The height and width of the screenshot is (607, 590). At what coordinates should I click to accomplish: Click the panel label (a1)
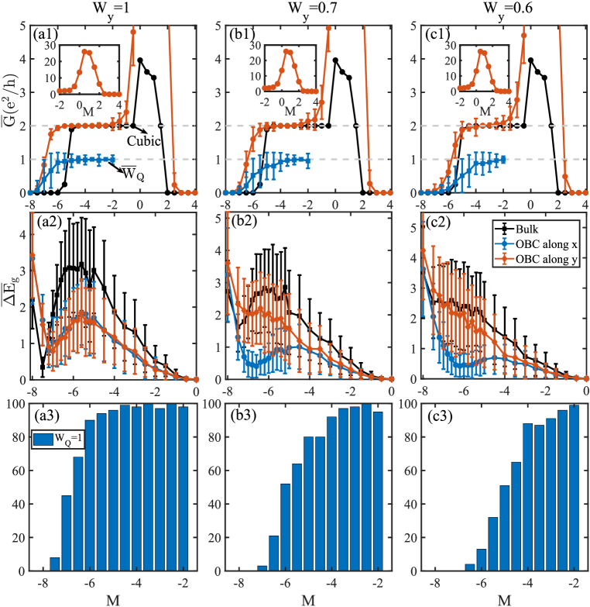tap(45, 35)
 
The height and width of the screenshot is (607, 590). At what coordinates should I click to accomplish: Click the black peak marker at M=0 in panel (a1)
tap(140, 59)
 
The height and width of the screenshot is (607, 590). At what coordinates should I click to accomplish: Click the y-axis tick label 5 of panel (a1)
tap(22, 25)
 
